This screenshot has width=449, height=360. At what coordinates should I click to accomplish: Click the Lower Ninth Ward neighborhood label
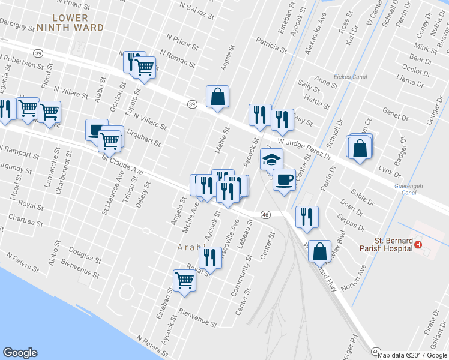pos(70,23)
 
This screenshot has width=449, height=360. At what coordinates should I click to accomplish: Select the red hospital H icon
pos(418,245)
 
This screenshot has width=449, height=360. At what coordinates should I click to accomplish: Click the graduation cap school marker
pos(271,160)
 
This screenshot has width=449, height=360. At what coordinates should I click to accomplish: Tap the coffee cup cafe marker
pos(284,179)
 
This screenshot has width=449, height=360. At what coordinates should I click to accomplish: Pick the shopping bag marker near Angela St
pos(217,97)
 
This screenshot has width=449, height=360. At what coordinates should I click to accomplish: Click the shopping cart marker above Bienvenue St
pos(184,280)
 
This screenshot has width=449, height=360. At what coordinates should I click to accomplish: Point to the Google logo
pos(20,353)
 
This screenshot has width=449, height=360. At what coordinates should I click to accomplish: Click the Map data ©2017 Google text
pos(412,355)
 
